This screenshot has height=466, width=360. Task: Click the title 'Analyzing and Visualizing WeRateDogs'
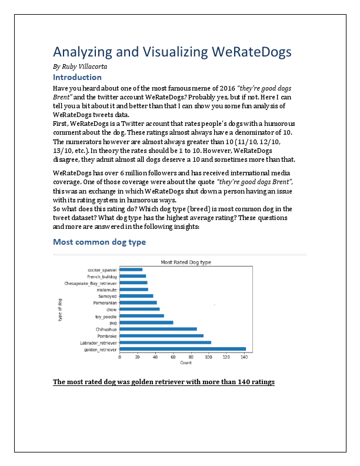172,53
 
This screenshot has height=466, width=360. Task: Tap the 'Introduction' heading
77,77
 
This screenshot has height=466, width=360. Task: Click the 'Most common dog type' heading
99,242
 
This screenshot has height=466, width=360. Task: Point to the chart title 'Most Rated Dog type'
186,262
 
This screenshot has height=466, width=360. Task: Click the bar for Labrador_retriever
165,342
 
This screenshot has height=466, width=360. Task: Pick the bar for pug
146,322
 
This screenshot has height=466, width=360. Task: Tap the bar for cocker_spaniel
131,269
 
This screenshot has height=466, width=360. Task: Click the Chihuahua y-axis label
106,329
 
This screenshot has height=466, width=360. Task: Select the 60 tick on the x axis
173,357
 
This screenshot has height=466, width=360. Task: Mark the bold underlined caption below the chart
164,382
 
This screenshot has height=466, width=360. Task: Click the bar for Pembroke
161,335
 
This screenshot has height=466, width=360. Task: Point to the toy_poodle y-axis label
106,316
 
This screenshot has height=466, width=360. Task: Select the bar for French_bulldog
132,276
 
